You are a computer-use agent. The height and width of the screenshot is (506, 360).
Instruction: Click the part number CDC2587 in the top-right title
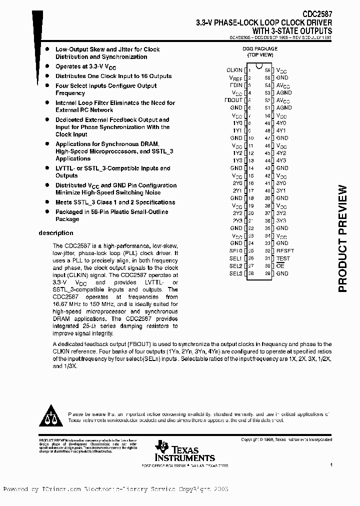point(317,15)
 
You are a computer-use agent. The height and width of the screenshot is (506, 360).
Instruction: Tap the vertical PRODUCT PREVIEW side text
point(342,238)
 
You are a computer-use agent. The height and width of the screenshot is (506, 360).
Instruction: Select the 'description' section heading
point(56,233)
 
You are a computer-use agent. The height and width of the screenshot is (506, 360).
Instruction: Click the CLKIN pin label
point(234,70)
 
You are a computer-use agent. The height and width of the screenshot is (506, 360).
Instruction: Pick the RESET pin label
point(285,251)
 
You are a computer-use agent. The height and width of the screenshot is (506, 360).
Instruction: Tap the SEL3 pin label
point(235,273)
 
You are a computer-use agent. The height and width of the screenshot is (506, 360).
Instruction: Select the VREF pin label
point(235,78)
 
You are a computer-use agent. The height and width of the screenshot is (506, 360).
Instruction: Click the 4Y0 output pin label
point(281,123)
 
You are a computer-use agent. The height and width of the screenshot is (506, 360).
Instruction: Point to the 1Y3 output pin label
point(237,160)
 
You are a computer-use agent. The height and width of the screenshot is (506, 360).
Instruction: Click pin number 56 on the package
point(267,70)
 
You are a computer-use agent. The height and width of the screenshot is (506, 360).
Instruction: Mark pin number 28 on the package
point(251,273)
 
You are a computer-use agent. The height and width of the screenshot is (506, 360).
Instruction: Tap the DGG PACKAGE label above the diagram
point(259,49)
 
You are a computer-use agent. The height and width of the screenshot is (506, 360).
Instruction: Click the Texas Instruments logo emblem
point(161,446)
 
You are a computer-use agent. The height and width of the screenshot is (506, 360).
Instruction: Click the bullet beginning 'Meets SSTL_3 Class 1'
point(115,202)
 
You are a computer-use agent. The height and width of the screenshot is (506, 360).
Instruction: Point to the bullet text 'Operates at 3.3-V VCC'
point(86,66)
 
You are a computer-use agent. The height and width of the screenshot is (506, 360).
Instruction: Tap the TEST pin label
point(282,258)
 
